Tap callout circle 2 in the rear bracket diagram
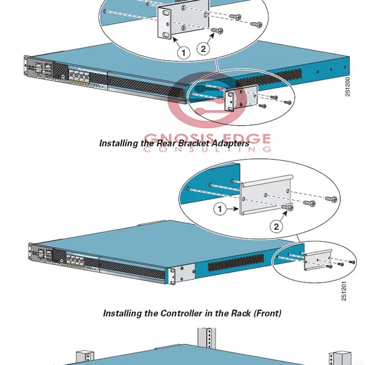203,49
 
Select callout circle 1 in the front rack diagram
220,209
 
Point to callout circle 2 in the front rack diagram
276,226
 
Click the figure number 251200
348,86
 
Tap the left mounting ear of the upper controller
27,67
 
